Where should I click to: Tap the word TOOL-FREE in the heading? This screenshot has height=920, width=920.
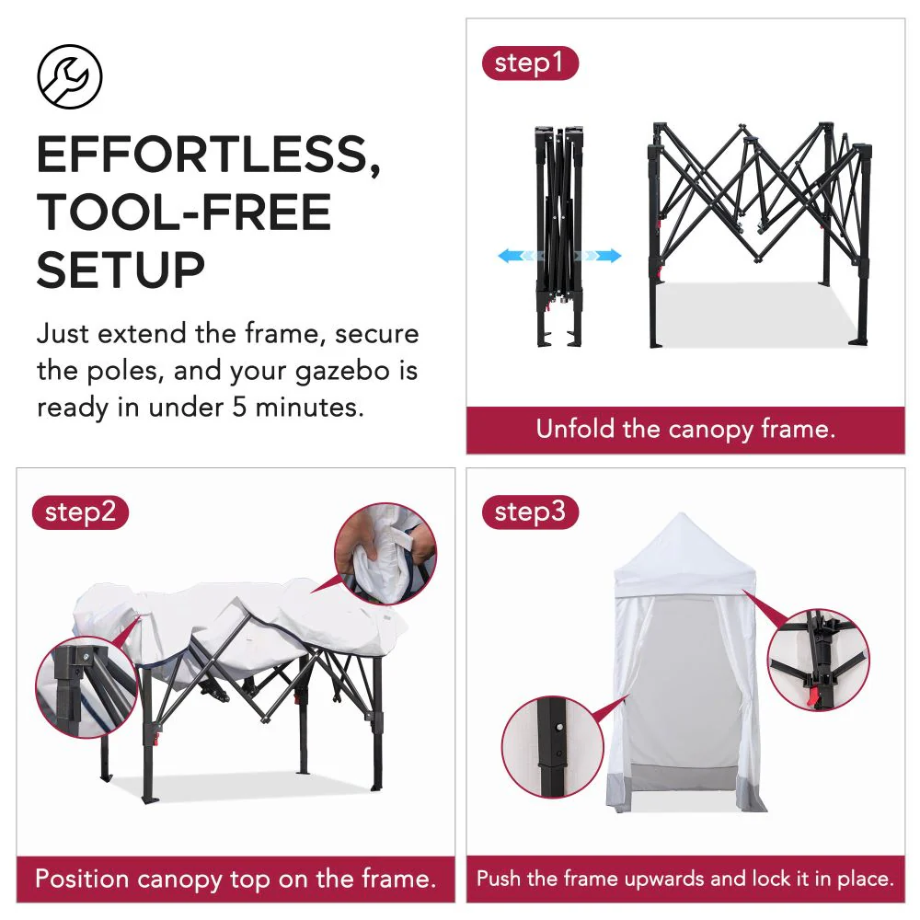[184, 213]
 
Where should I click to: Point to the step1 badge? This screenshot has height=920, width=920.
[529, 63]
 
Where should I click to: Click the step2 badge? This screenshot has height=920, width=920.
[80, 512]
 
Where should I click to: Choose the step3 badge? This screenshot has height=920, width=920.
[530, 512]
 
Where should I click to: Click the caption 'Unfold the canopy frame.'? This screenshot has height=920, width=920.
[685, 429]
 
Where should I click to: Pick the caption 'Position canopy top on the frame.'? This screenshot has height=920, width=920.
[235, 878]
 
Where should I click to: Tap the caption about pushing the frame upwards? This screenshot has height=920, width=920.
[685, 879]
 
